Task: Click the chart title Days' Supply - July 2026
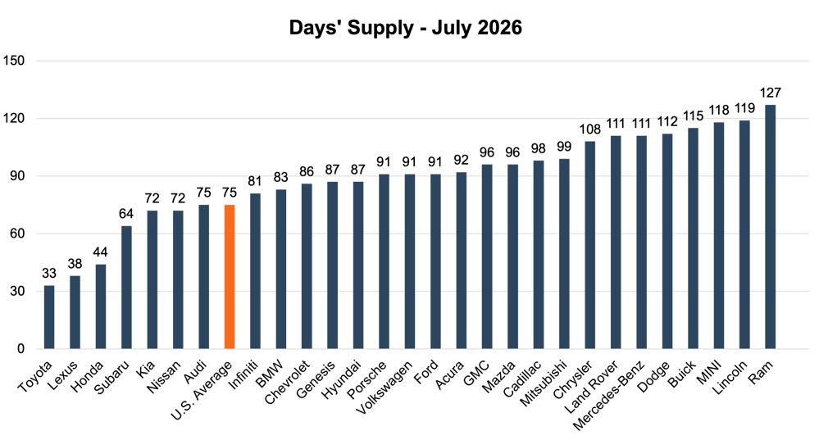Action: point(405,28)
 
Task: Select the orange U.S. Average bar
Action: point(230,277)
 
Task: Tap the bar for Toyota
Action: point(49,317)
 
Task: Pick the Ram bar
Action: point(770,226)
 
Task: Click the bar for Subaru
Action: point(126,287)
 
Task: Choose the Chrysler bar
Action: point(589,245)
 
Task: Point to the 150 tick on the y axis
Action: point(14,61)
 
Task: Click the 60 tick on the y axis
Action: point(17,234)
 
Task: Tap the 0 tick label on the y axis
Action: point(20,349)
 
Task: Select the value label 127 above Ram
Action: point(770,93)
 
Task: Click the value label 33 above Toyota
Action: point(49,274)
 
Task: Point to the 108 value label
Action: point(589,129)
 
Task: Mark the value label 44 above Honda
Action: point(100,252)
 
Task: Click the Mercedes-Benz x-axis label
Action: point(610,396)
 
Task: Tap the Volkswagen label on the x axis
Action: point(384,388)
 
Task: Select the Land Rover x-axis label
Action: point(592,386)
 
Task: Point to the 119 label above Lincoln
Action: point(744,108)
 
